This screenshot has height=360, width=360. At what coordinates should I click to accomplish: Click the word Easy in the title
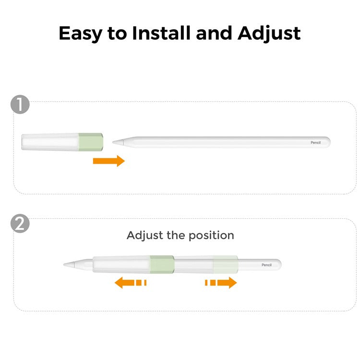pyautogui.click(x=80, y=34)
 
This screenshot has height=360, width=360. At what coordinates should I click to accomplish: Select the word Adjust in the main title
pyautogui.click(x=269, y=34)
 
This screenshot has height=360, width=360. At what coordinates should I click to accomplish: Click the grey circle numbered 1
pyautogui.click(x=20, y=104)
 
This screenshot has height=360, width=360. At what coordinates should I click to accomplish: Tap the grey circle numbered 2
pyautogui.click(x=20, y=223)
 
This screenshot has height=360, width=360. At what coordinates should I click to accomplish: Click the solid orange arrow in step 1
pyautogui.click(x=109, y=161)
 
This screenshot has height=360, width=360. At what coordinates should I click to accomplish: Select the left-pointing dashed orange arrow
pyautogui.click(x=131, y=282)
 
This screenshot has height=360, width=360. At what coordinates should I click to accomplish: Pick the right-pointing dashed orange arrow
pyautogui.click(x=221, y=282)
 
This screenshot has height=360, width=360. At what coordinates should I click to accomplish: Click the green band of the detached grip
pyautogui.click(x=91, y=142)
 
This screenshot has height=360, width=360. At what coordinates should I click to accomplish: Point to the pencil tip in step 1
pyautogui.click(x=113, y=143)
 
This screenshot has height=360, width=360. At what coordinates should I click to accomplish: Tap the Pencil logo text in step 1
pyautogui.click(x=316, y=143)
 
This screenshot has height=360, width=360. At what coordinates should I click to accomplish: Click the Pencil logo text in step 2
pyautogui.click(x=266, y=265)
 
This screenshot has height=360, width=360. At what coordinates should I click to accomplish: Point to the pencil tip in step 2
pyautogui.click(x=64, y=264)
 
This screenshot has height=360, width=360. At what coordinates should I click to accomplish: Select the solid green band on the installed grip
pyautogui.click(x=162, y=264)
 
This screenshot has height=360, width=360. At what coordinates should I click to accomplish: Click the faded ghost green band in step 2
pyautogui.click(x=226, y=264)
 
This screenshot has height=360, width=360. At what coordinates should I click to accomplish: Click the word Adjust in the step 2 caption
pyautogui.click(x=145, y=236)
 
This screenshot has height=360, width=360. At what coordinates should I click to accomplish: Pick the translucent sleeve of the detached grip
pyautogui.click(x=50, y=142)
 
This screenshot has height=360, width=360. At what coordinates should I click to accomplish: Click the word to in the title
pyautogui.click(x=117, y=34)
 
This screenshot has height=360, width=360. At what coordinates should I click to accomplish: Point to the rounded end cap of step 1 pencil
pyautogui.click(x=328, y=143)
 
